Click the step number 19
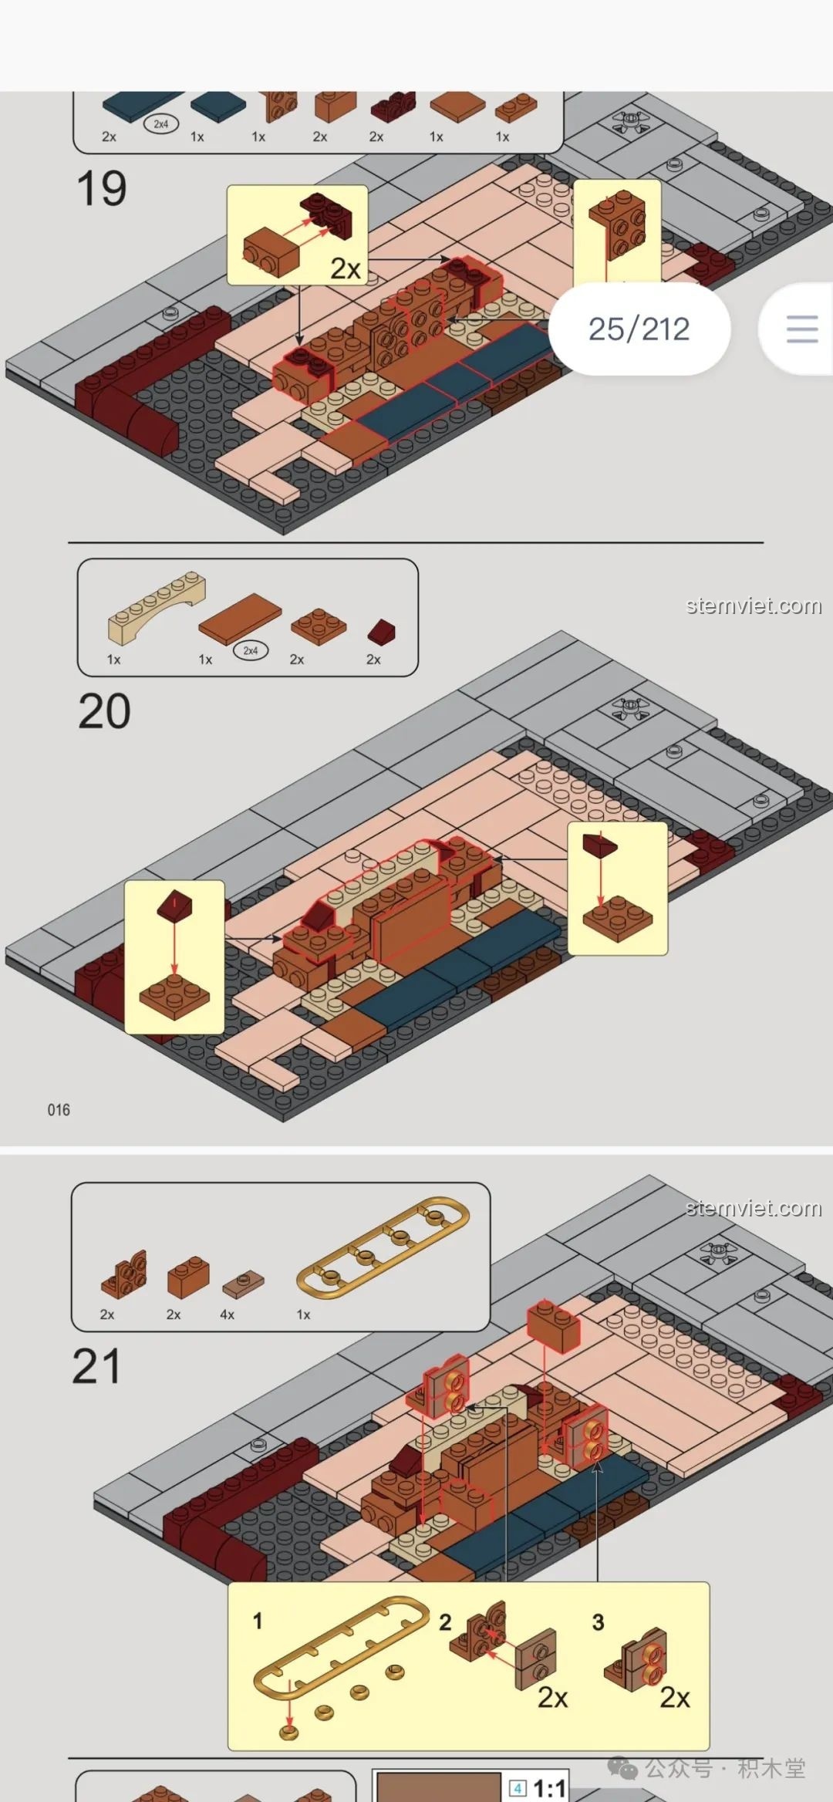[101, 189]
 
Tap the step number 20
[104, 711]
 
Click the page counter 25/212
[639, 329]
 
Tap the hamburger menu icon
[802, 329]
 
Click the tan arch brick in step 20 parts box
[157, 607]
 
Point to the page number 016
[59, 1110]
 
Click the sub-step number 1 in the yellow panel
[258, 1621]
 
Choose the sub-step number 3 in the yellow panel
[598, 1622]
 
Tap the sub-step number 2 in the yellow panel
[445, 1622]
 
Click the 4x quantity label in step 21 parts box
[227, 1314]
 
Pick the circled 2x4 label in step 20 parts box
[251, 651]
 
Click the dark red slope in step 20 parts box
[382, 632]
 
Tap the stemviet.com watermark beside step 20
[754, 606]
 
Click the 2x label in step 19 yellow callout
[346, 268]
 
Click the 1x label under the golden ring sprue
[304, 1314]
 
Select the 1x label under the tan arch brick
[113, 660]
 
